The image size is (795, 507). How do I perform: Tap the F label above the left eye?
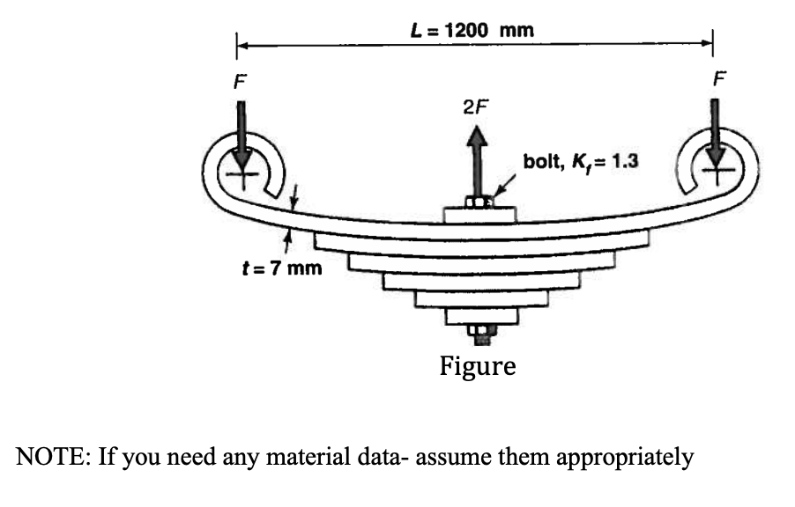click(x=235, y=80)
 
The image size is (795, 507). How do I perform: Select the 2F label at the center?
click(x=475, y=107)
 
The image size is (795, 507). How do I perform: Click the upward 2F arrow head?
click(x=476, y=136)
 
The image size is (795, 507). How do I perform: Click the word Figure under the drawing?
click(x=478, y=364)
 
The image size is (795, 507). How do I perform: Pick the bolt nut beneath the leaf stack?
click(x=478, y=332)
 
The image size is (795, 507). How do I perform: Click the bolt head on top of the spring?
click(x=477, y=203)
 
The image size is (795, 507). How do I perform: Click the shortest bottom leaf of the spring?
click(x=478, y=315)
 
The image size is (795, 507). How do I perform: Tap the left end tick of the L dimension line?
click(x=236, y=43)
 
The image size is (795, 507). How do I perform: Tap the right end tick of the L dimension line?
click(x=712, y=42)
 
